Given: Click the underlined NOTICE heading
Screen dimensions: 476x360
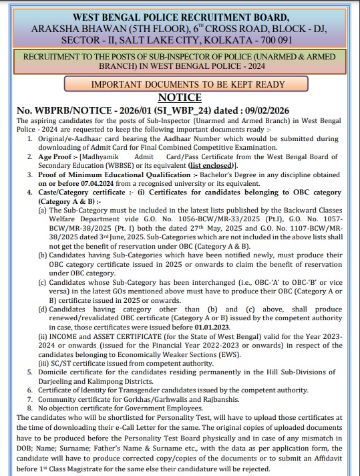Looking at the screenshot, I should pyautogui.click(x=180, y=96).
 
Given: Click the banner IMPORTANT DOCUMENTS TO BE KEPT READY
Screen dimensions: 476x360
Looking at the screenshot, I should pyautogui.click(x=180, y=84).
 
